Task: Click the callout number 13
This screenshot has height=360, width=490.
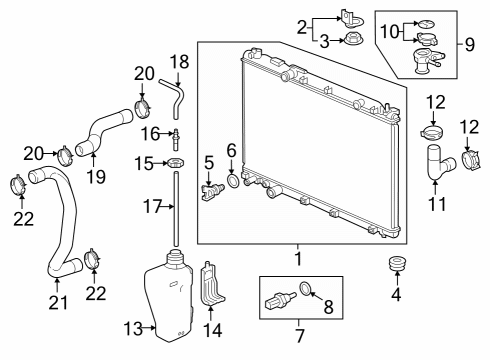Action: pos(133,328)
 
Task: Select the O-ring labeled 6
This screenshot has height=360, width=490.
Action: pos(233,181)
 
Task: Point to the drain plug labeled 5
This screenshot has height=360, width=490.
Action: pos(213,192)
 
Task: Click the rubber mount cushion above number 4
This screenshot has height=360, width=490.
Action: pos(397,263)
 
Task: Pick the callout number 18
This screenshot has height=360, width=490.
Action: pos(179,62)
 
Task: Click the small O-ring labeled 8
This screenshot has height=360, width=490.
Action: pos(305,288)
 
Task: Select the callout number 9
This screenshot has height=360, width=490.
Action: pos(469,44)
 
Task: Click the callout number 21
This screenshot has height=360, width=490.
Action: pos(58,302)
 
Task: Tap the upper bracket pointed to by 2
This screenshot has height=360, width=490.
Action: pos(352,18)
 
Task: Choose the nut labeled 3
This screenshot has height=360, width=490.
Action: pos(354,39)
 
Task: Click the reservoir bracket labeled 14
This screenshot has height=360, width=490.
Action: pos(211,284)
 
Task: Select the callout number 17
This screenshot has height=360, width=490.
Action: pos(152,207)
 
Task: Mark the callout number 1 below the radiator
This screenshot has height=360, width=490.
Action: pos(298,259)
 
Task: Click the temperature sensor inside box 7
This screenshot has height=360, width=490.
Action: pos(281,298)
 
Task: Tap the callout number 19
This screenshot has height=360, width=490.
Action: pos(96,177)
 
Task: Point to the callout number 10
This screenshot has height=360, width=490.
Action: pos(390,31)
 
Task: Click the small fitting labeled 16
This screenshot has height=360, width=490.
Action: pos(176,139)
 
